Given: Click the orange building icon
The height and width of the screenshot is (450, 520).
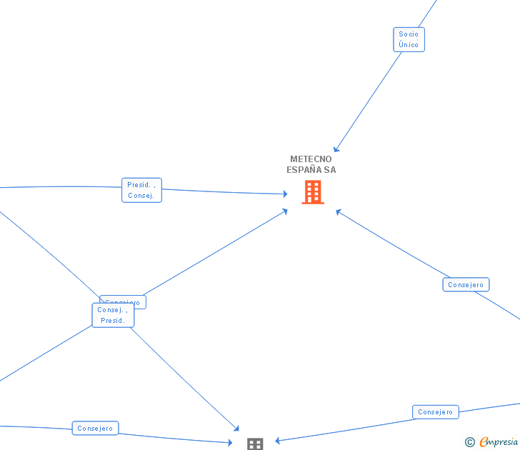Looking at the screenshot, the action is coord(313,192).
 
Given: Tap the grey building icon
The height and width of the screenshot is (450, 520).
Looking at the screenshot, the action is coord(255,444).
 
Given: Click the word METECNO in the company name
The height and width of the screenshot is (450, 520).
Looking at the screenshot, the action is coord(311,159).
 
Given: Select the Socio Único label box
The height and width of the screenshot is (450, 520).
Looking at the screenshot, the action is coord(409,39).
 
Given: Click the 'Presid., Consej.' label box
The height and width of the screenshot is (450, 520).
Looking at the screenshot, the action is coord(141,190).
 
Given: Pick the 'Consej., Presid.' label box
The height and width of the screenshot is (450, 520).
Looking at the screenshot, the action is coord(113,315).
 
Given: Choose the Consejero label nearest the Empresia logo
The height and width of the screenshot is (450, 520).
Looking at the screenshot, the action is coord(435,412).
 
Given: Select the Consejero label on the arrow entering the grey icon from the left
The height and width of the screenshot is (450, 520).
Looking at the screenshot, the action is coord(95,428).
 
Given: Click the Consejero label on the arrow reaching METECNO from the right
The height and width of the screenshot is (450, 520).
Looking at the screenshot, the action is coord(466,284).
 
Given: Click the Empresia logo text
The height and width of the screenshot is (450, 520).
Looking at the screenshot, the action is coord(499,442).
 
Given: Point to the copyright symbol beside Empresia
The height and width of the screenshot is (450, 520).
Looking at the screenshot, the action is coord(469,443).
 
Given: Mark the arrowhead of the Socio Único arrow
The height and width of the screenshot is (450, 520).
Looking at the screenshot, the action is coord(336,149).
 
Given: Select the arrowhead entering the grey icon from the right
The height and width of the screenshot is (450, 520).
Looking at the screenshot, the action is coord(277,440).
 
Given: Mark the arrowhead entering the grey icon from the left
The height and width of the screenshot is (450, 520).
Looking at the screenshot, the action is coord(230,443).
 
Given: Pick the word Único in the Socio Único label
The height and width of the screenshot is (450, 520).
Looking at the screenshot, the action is coord(409,44).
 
